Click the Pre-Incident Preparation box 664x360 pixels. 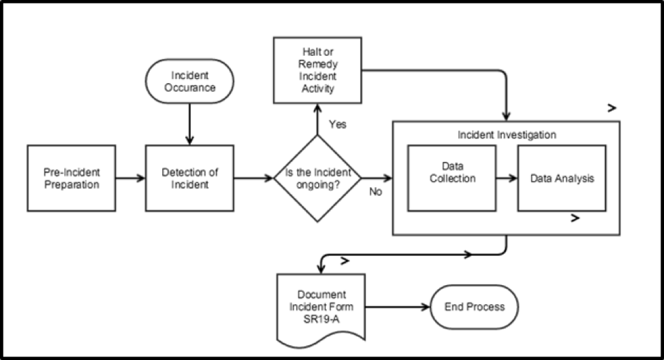pyautogui.click(x=72, y=178)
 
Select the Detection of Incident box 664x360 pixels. pyautogui.click(x=189, y=178)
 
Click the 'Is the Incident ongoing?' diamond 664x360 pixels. pyautogui.click(x=317, y=178)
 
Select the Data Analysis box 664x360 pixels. pyautogui.click(x=562, y=178)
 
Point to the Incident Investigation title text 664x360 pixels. pyautogui.click(x=507, y=135)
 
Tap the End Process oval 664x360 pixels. pyautogui.click(x=474, y=306)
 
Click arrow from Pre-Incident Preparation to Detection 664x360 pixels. pyautogui.click(x=130, y=178)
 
